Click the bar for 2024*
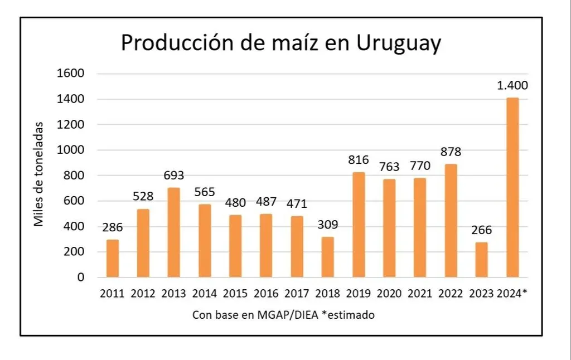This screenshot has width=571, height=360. (512, 187)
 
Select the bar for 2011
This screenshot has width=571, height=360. (113, 259)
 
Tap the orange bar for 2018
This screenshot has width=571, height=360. (327, 257)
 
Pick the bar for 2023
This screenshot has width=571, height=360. (481, 260)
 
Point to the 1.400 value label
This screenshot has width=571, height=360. (512, 86)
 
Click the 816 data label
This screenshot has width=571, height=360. (359, 160)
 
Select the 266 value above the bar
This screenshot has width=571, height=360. (481, 230)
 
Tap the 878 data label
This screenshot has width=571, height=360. (451, 152)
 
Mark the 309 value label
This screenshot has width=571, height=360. (327, 225)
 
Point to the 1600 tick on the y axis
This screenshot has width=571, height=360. (72, 74)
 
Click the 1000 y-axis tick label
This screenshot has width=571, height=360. (72, 150)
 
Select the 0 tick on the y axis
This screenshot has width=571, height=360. (80, 277)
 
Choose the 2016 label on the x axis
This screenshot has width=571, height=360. (266, 294)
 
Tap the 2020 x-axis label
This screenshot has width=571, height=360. (389, 294)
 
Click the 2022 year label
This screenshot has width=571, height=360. (451, 294)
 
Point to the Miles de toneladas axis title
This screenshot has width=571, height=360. (38, 175)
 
